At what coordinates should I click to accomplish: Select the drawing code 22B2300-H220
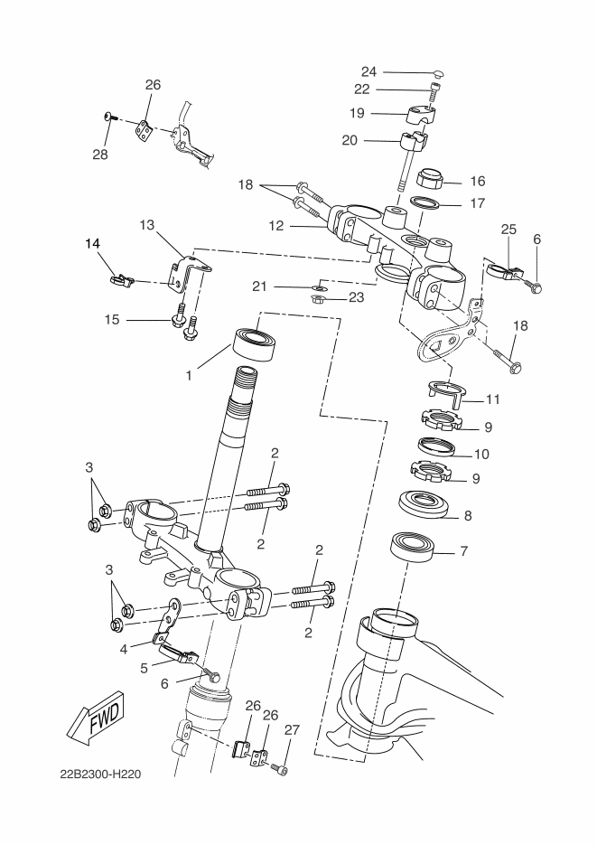(100, 775)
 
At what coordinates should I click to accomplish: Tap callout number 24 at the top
(368, 71)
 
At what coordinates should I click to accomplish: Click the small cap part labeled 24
(438, 73)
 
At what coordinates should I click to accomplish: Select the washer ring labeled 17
(424, 202)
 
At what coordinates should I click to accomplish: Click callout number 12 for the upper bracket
(276, 226)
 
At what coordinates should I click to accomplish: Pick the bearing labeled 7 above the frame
(413, 548)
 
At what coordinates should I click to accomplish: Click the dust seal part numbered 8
(424, 504)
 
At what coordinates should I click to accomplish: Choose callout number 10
(481, 455)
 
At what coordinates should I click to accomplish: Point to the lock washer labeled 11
(446, 390)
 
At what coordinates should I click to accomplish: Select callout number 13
(147, 225)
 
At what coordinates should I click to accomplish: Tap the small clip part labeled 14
(122, 279)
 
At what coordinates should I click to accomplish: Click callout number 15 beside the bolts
(112, 320)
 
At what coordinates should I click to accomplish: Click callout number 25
(508, 229)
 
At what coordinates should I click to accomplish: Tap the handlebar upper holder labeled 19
(420, 114)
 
